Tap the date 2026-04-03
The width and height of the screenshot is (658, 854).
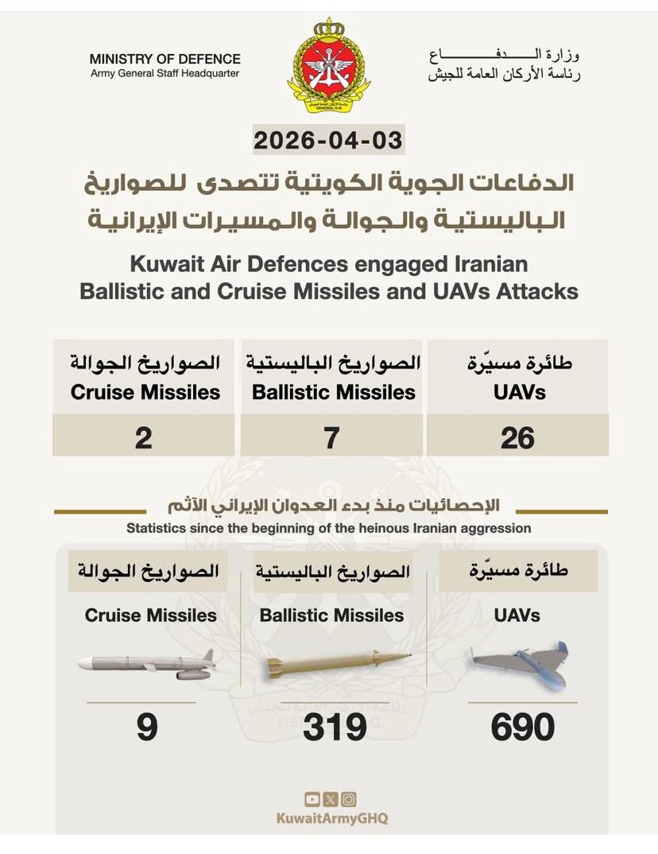(x=328, y=141)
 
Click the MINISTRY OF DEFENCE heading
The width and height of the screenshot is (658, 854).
(x=164, y=60)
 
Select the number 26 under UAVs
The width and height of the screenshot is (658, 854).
(x=517, y=437)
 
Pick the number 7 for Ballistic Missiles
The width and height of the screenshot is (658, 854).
(x=331, y=437)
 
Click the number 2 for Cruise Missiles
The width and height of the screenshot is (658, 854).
(x=143, y=437)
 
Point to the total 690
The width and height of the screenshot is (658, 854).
(x=522, y=728)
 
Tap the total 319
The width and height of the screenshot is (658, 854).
(x=335, y=728)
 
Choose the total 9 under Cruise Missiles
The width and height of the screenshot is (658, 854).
(x=147, y=728)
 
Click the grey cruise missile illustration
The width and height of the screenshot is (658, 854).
(x=148, y=664)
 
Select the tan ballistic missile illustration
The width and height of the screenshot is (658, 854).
(x=337, y=663)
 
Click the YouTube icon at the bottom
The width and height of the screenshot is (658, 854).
(x=312, y=799)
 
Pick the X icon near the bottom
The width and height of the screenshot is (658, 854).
(x=330, y=799)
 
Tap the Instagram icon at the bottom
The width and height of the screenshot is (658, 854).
(x=348, y=799)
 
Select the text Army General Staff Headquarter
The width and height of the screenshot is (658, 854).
(x=164, y=74)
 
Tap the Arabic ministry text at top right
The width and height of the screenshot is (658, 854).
(x=505, y=66)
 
